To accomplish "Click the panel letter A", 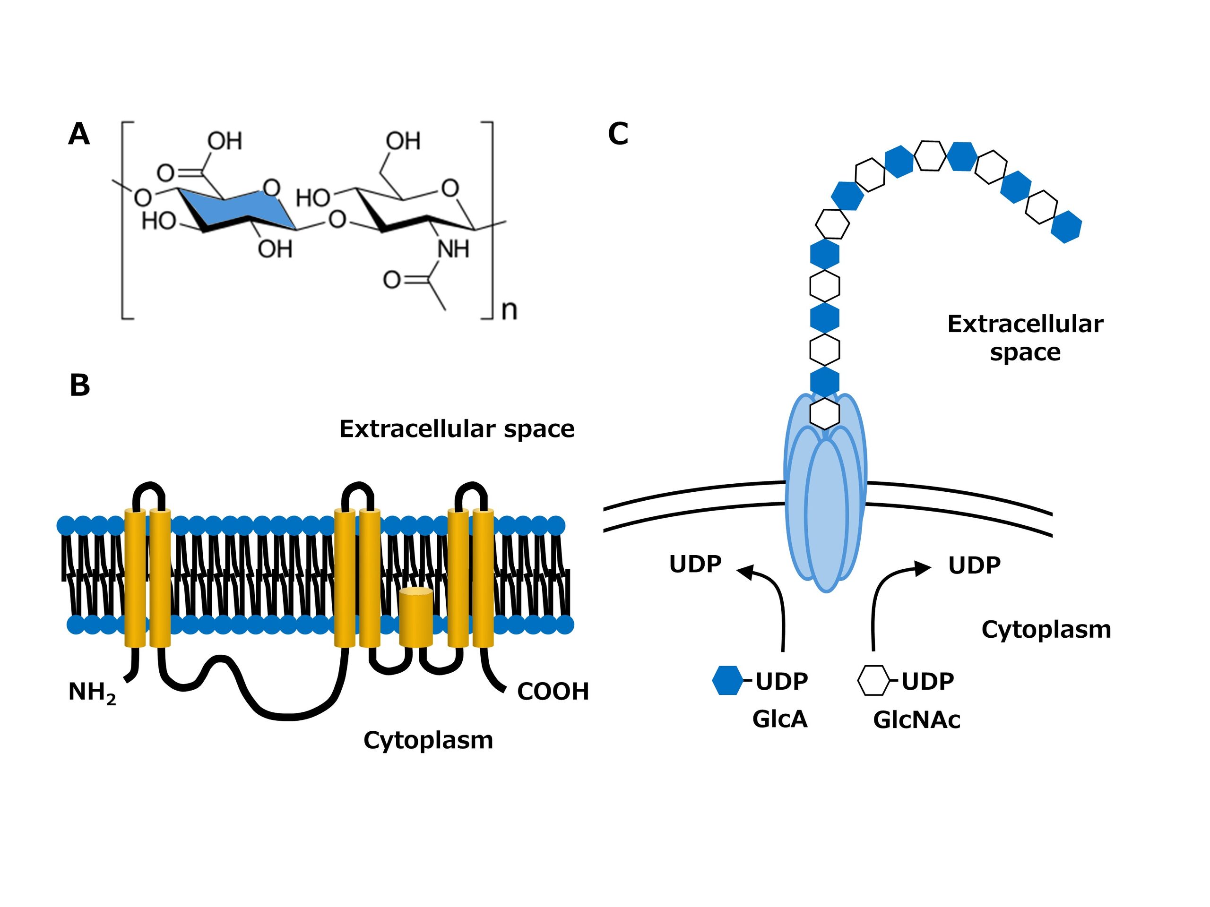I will (79, 135).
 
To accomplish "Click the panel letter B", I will (80, 385).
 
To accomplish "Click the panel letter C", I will (618, 134).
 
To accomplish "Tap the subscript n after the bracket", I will (509, 310).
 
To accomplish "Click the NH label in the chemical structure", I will (453, 250).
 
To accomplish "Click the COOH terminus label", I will (553, 692).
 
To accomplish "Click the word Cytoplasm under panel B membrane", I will (428, 740).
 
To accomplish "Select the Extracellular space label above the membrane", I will (457, 429).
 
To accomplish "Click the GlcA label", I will (779, 719).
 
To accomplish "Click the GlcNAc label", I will (916, 719).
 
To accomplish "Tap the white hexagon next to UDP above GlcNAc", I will (873, 681).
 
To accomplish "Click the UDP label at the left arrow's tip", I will (695, 564).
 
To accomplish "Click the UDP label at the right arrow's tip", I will (974, 565).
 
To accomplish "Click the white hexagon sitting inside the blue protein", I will (824, 413).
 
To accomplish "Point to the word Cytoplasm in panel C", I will (1046, 630).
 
